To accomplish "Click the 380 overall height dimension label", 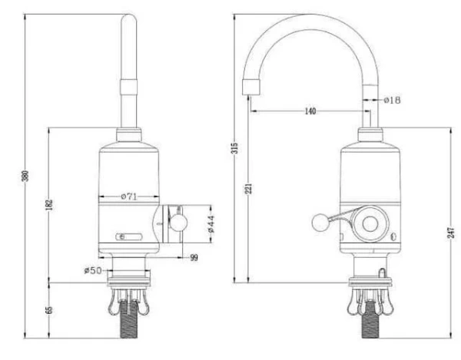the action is point(26,176).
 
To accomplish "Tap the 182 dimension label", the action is point(50,205).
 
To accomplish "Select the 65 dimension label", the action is point(50,310).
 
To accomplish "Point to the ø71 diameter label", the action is point(129,197).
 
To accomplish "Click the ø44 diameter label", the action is point(211,224).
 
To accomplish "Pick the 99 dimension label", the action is point(194,258).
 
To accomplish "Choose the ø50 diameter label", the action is point(93,270).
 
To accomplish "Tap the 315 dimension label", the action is point(235,148).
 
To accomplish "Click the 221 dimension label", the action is point(249,189).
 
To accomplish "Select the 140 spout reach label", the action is point(310,111).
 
